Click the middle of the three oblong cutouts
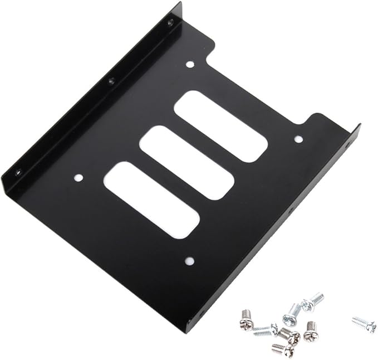tap(186, 163)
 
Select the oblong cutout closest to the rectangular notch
tap(221, 126)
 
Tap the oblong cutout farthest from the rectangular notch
tap(151, 200)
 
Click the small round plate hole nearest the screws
tap(189, 261)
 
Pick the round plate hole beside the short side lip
tap(298, 139)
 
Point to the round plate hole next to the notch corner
tap(190, 65)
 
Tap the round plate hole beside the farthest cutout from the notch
tap(78, 178)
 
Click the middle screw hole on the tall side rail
tap(111, 81)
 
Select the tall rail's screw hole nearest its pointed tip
tap(170, 22)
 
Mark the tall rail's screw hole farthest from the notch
tap(18, 172)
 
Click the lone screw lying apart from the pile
tap(364, 324)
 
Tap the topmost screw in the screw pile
tap(312, 301)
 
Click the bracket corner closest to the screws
tap(188, 330)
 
